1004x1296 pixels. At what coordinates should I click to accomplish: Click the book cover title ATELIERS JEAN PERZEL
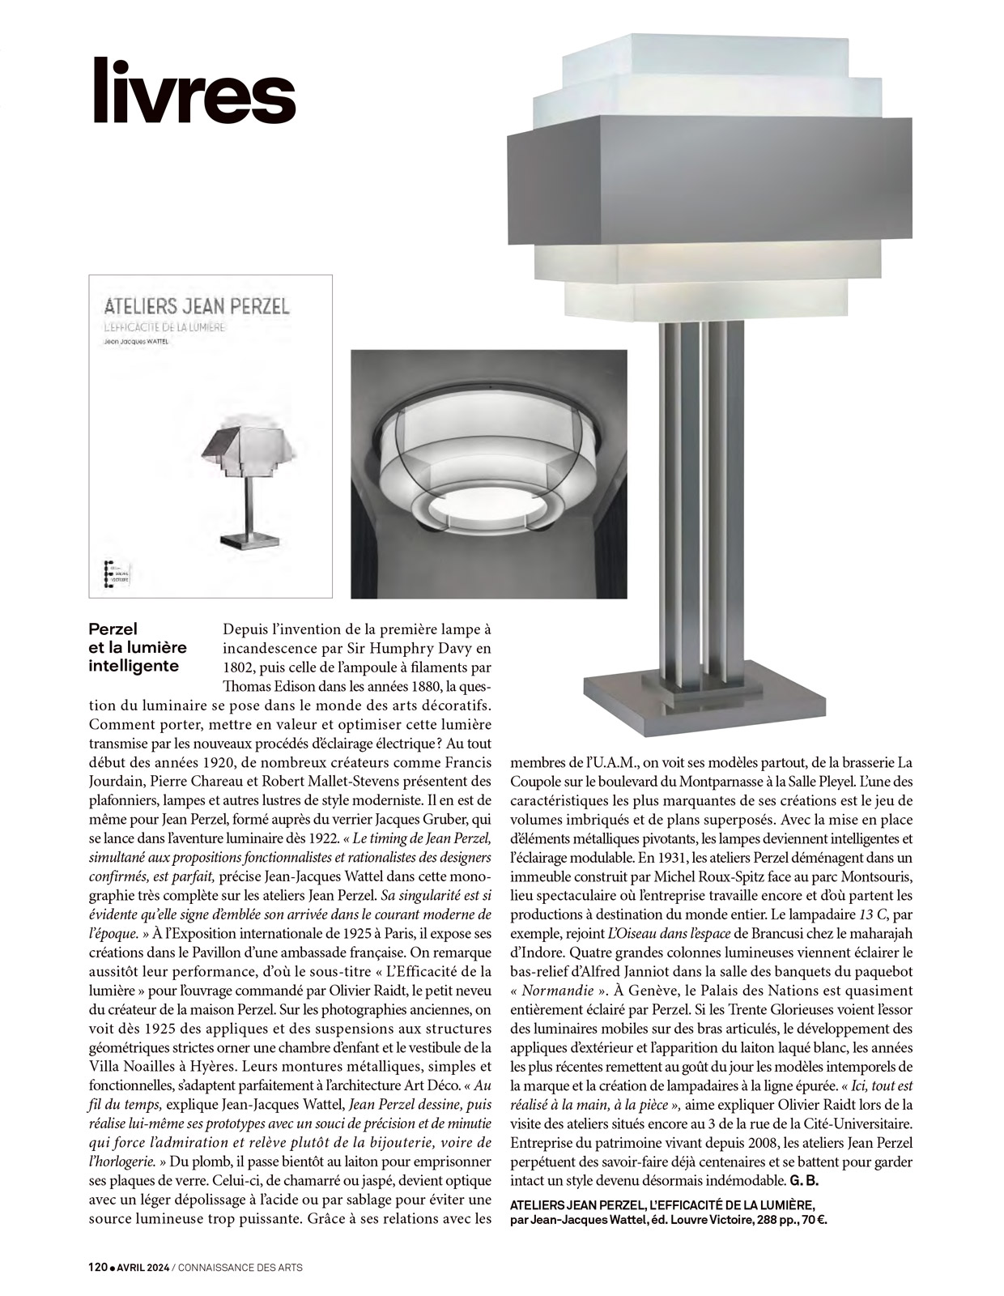click(x=197, y=306)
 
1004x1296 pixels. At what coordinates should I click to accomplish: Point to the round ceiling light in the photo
click(x=488, y=474)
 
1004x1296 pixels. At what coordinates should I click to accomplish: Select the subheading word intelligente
click(x=133, y=667)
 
